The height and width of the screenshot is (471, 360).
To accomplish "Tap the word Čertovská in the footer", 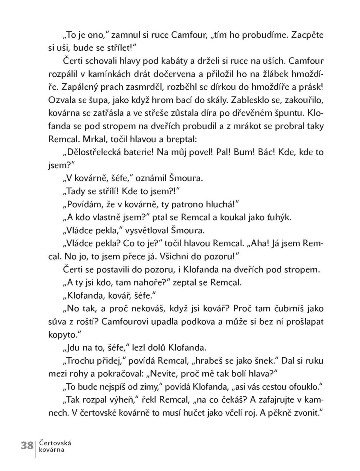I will click(x=55, y=443).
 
